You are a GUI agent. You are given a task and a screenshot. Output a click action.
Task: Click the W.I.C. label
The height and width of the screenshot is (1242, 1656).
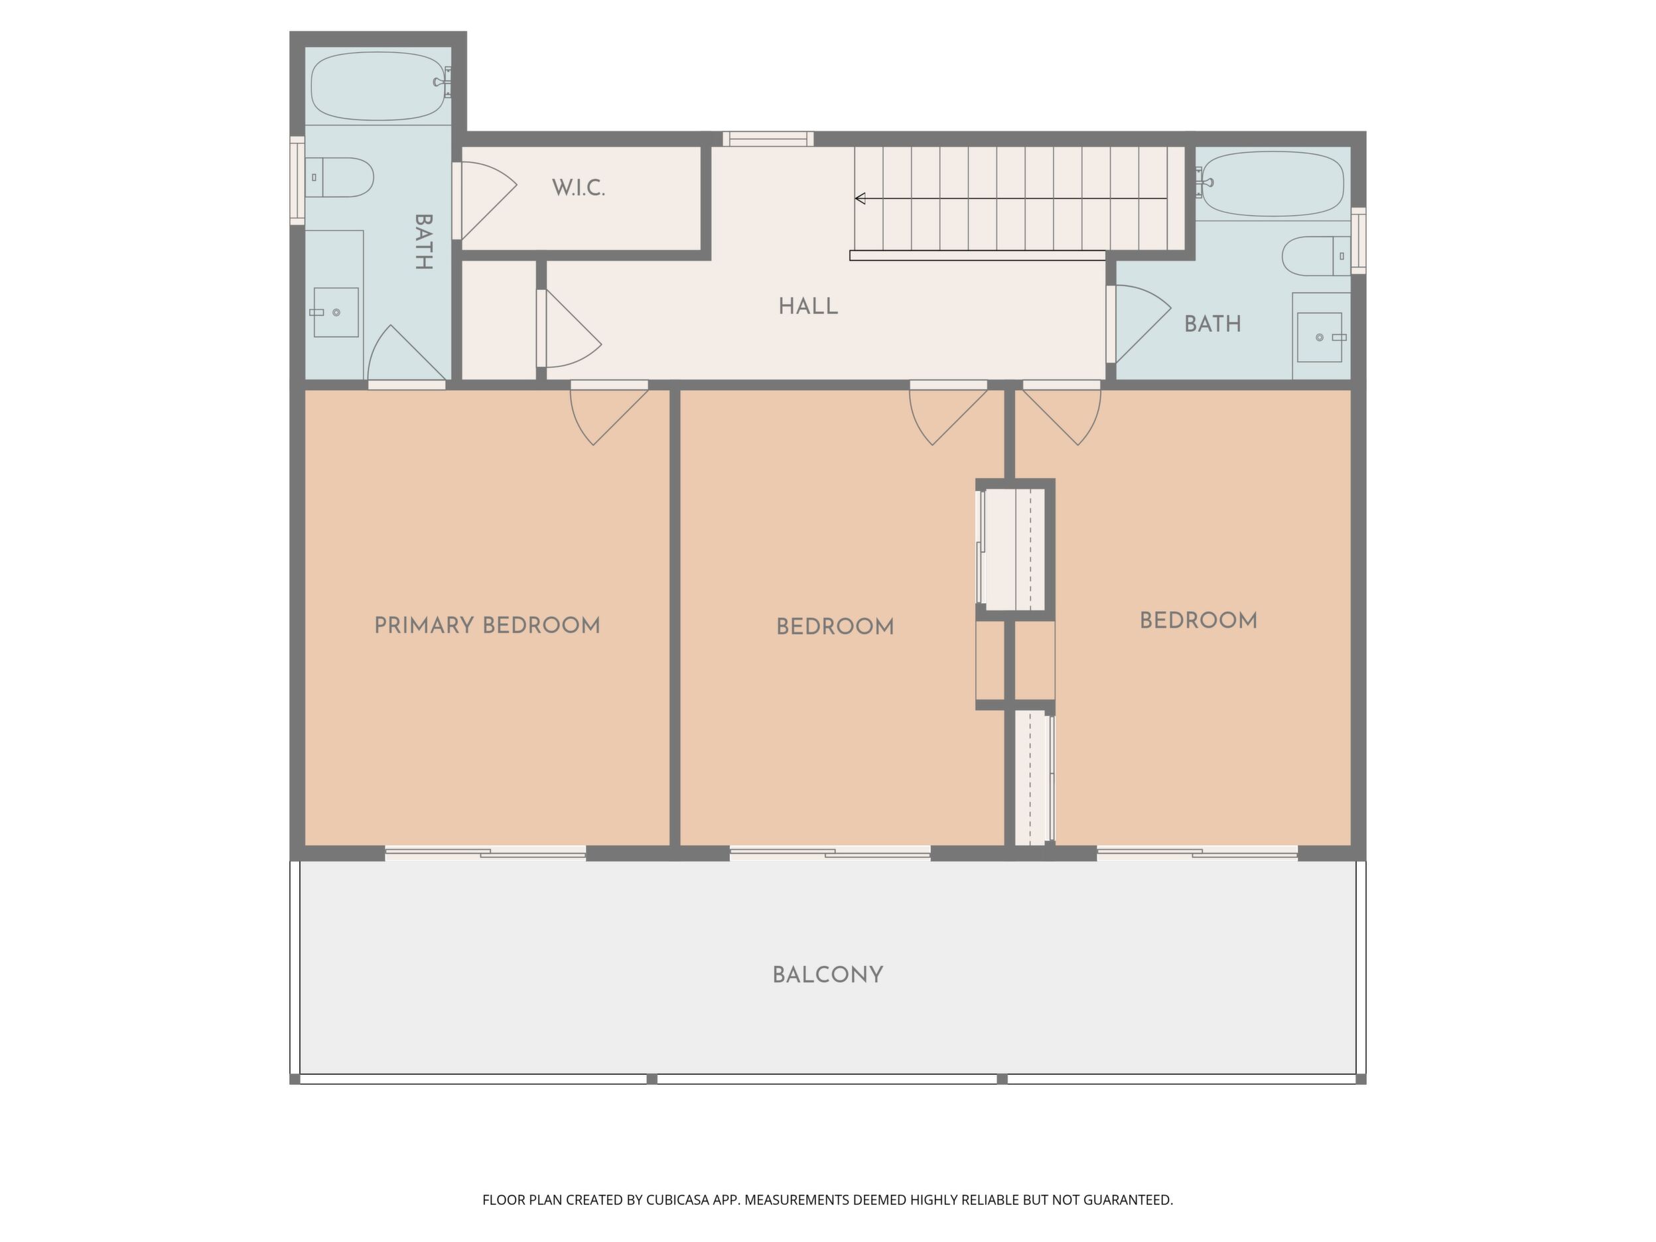coord(578,188)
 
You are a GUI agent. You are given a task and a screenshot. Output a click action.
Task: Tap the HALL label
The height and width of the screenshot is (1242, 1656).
coord(808,307)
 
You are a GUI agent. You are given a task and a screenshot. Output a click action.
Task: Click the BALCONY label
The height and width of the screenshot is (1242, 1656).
coord(827,975)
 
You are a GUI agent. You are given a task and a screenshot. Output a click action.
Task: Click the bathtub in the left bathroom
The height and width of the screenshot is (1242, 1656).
coord(379,86)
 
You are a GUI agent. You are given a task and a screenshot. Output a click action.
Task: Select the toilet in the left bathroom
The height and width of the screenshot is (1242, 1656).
coord(339,176)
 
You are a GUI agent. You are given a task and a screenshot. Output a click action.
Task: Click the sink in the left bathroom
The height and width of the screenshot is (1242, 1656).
coord(336,312)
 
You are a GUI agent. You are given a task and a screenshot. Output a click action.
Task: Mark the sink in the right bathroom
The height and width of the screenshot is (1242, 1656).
coord(1319,338)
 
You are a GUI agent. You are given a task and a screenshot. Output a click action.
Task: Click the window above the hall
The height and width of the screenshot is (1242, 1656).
coord(768,139)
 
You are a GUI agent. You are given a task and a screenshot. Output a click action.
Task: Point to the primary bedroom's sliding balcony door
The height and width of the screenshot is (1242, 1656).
coord(485,853)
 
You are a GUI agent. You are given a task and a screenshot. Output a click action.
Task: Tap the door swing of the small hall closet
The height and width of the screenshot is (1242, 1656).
coord(573,328)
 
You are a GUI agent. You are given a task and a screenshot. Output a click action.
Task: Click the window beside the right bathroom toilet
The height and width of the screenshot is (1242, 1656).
coord(1358,240)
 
